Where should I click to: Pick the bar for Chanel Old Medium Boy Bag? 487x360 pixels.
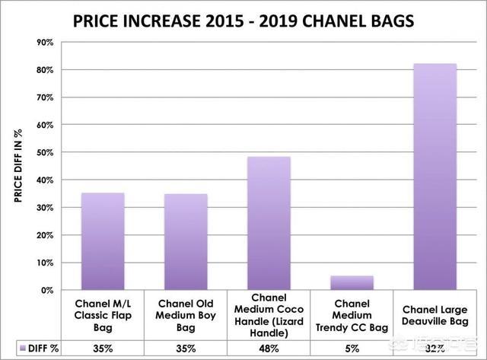tap(186, 242)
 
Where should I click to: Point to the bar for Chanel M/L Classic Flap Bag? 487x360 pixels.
tap(103, 241)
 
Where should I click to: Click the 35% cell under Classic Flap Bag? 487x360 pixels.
tap(103, 348)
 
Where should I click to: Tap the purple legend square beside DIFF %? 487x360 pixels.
tap(14, 348)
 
